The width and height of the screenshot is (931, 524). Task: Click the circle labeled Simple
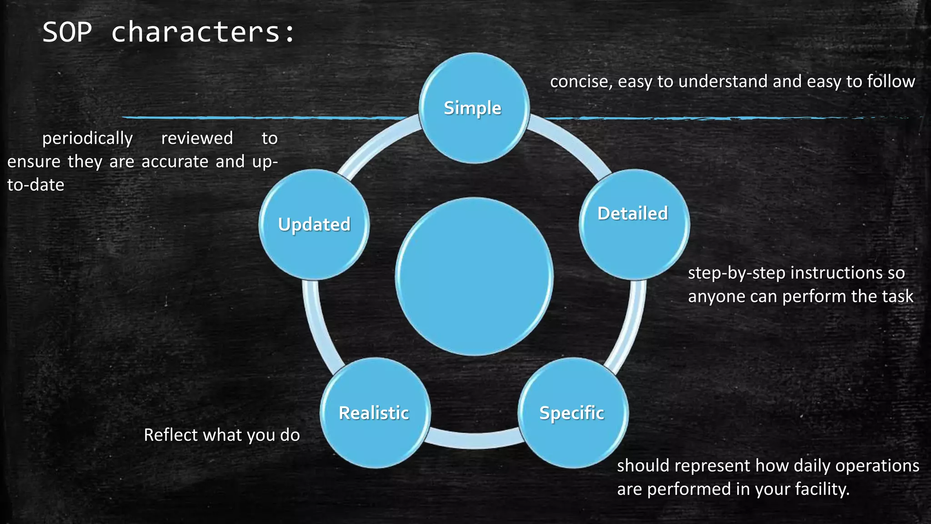click(x=474, y=108)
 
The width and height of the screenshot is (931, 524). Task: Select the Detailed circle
click(x=634, y=224)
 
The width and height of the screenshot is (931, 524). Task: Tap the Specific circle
click(x=573, y=413)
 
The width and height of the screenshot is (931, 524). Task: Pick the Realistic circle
click(x=375, y=413)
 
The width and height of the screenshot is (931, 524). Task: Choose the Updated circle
click(x=314, y=224)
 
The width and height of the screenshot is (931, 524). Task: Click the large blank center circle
click(x=474, y=276)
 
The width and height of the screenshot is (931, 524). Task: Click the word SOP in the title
click(x=67, y=32)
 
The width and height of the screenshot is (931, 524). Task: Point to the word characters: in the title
click(x=203, y=32)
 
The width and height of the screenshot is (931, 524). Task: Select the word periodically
click(x=87, y=138)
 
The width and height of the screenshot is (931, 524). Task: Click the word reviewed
click(x=197, y=138)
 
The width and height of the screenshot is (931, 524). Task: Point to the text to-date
click(x=35, y=185)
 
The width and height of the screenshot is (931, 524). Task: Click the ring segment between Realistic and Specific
click(x=474, y=440)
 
